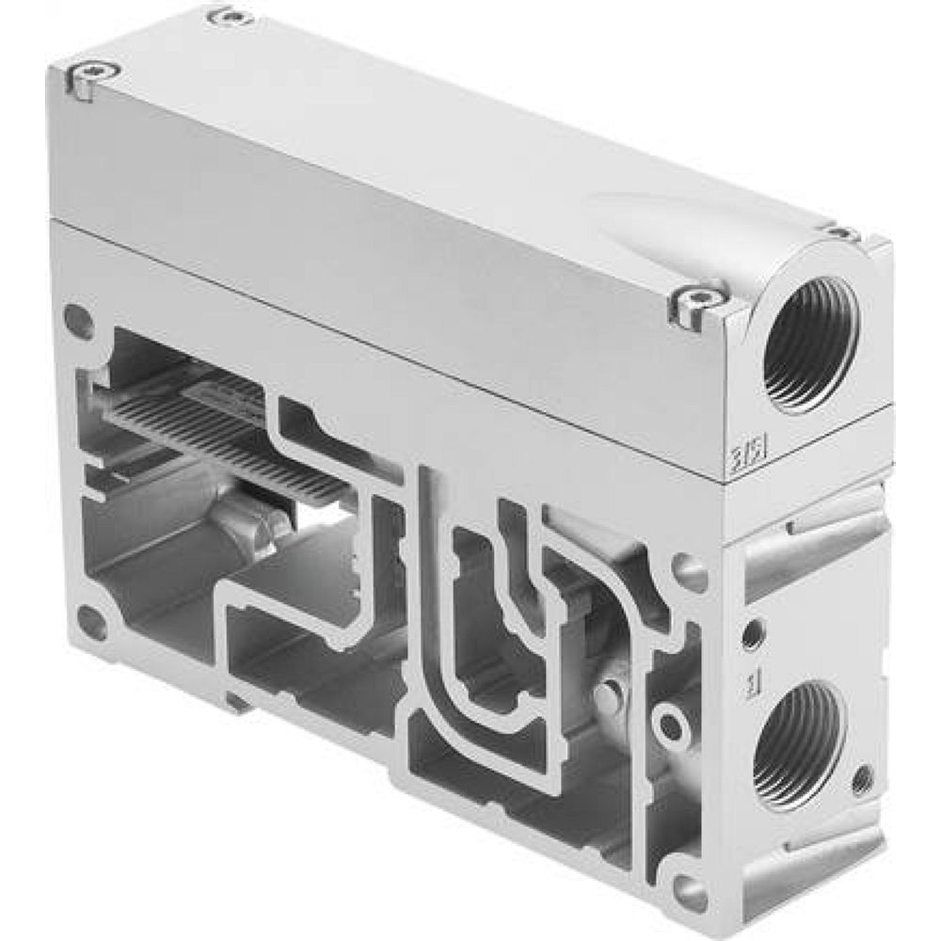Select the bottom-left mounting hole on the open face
[91, 621]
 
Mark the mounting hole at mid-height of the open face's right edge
[689, 572]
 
